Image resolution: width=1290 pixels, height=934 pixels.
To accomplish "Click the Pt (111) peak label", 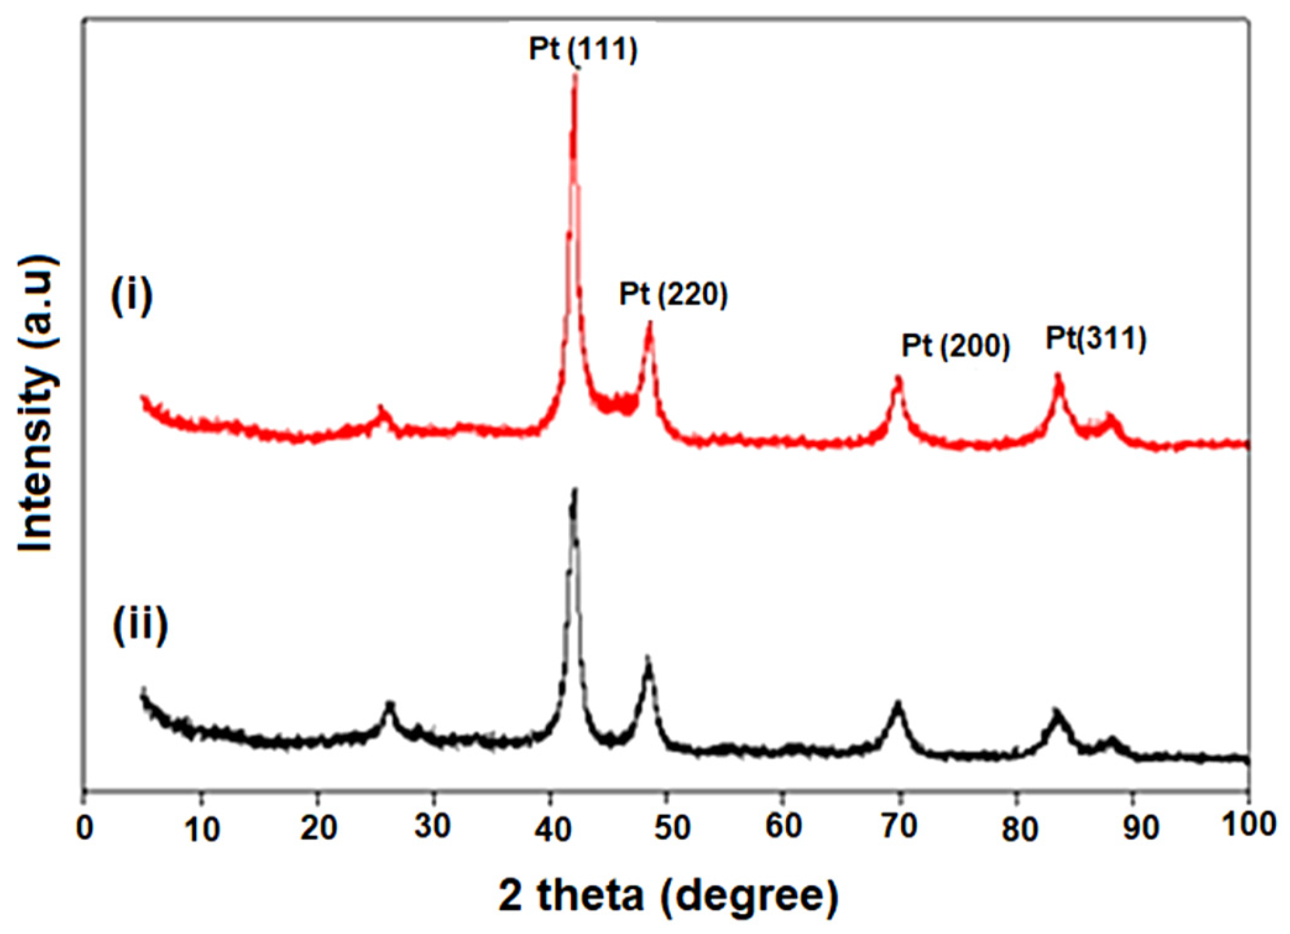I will click(583, 49).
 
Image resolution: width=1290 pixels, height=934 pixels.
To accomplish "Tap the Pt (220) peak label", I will click(673, 294).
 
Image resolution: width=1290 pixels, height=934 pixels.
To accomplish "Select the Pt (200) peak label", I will click(955, 346).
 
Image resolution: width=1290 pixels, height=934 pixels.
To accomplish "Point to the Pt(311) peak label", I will click(1096, 338).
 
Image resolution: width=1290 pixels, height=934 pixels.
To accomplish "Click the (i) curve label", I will click(132, 296).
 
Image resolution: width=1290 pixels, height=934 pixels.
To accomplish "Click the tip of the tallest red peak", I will click(575, 75).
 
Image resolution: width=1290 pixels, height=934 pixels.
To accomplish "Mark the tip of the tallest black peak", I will click(575, 492).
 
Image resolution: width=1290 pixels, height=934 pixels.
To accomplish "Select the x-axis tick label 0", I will click(85, 828).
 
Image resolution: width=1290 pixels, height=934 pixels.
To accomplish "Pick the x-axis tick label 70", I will click(899, 828).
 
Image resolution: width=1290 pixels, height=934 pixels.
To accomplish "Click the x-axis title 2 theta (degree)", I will click(668, 895).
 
